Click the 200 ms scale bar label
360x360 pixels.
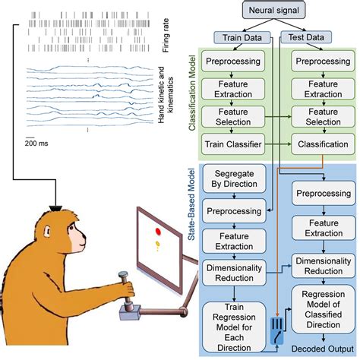34,142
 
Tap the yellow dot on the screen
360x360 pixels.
158,244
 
